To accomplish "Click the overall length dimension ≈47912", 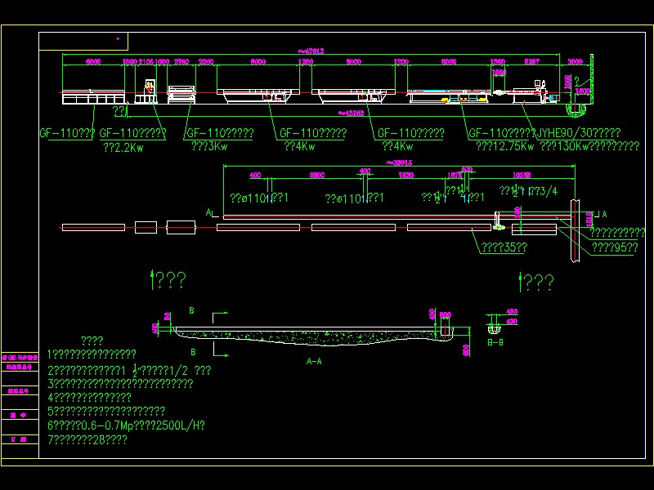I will tap(311, 51).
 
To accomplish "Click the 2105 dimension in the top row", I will tap(146, 61).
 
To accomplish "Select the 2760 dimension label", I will tap(181, 61).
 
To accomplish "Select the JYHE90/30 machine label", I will tap(577, 133).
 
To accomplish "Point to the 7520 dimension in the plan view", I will tap(405, 175).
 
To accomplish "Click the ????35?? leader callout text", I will tap(503, 247).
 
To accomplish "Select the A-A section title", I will tap(313, 360).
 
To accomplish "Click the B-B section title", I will tap(495, 343).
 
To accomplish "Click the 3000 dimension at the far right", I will tap(575, 61).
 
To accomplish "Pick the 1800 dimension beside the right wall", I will tap(582, 91).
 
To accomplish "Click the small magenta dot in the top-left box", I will tap(118, 38).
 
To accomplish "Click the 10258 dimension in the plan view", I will tap(522, 175).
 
